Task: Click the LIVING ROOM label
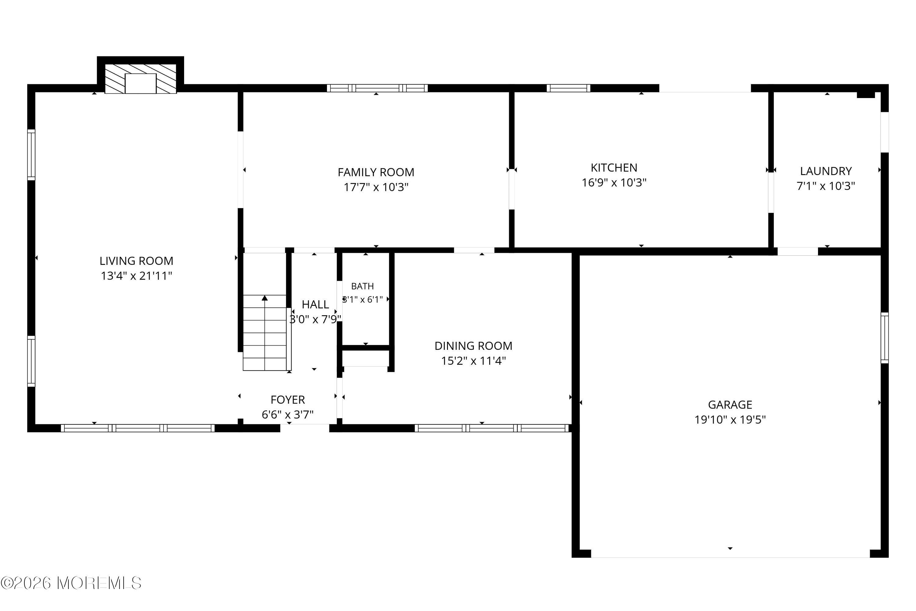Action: [x=136, y=261]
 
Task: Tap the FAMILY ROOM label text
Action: [x=376, y=172]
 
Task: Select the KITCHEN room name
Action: [x=614, y=167]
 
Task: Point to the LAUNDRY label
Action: [x=826, y=171]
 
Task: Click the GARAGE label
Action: [x=730, y=405]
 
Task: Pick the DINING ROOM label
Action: [x=473, y=346]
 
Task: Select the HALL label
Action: [x=315, y=304]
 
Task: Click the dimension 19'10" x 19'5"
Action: [x=730, y=420]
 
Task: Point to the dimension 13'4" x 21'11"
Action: [x=136, y=276]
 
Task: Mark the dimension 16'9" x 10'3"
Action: [x=614, y=182]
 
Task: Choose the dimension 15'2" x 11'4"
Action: [x=473, y=361]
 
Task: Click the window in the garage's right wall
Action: [x=885, y=338]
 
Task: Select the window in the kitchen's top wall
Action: [x=568, y=88]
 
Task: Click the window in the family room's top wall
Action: [x=377, y=88]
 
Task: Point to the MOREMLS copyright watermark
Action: [x=71, y=583]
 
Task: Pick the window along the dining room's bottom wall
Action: [x=492, y=428]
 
